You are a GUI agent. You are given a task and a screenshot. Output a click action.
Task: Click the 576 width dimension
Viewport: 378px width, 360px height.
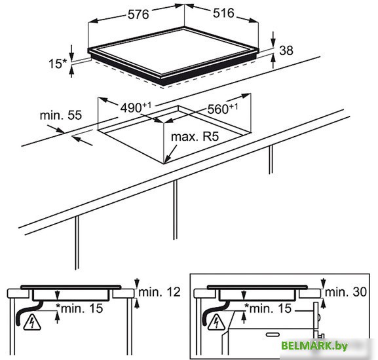point(138,14)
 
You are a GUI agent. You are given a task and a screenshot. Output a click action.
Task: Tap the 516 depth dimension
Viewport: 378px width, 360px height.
point(223,13)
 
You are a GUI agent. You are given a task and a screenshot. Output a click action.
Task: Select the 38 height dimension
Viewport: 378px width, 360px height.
point(286,50)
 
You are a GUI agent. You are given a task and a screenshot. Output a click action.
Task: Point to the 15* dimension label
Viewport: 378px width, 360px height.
point(58,63)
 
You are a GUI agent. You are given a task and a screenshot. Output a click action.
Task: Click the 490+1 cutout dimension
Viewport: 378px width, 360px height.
point(136,107)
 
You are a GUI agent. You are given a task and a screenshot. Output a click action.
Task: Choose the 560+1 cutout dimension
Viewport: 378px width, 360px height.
point(223,109)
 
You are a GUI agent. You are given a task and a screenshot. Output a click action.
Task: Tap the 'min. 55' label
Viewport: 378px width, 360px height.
point(61,115)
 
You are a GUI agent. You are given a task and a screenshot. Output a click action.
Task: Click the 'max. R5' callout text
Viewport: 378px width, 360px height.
point(195,137)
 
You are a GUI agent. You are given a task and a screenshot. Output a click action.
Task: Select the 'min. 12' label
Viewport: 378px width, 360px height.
point(160,292)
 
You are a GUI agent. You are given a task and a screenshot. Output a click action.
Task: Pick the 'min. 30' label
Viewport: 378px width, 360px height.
point(346,292)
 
